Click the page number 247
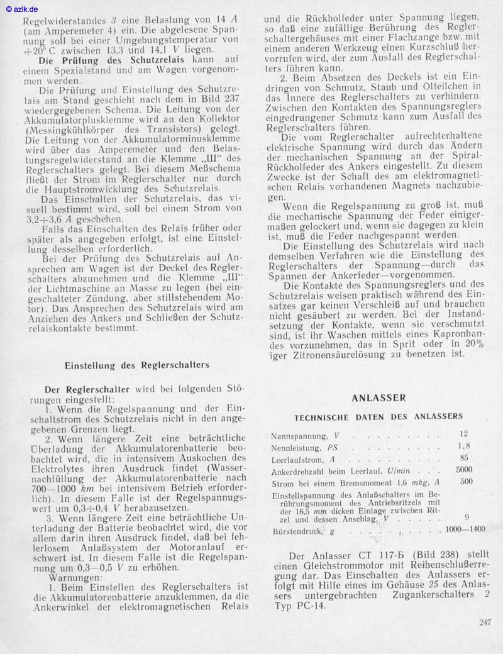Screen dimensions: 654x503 pyautogui.click(x=484, y=623)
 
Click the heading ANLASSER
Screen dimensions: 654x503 pyautogui.click(x=379, y=397)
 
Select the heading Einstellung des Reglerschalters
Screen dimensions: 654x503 pyautogui.click(x=137, y=365)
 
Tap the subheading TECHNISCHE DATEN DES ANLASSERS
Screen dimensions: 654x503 pyautogui.click(x=379, y=416)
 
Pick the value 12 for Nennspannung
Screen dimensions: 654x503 pyautogui.click(x=464, y=434)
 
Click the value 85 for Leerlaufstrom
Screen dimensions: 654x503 pyautogui.click(x=464, y=458)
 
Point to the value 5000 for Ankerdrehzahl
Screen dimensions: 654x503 pyautogui.click(x=464, y=470)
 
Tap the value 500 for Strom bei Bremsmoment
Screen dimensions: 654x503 pyautogui.click(x=466, y=482)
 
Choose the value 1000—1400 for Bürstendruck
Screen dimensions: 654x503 pyautogui.click(x=465, y=529)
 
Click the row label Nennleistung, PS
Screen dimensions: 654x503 pyautogui.click(x=304, y=448)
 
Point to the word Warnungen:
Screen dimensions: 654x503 pyautogui.click(x=75, y=577)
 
